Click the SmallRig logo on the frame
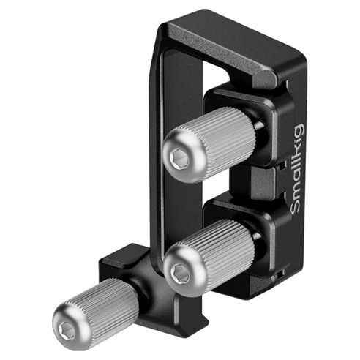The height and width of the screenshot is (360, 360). pos(298,169)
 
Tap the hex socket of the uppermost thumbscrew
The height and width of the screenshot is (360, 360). pos(180,157)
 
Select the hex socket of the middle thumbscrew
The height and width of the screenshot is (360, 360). pos(181,273)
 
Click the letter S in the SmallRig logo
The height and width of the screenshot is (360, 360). pos(296,206)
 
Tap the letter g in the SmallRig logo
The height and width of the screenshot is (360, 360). pos(299,130)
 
